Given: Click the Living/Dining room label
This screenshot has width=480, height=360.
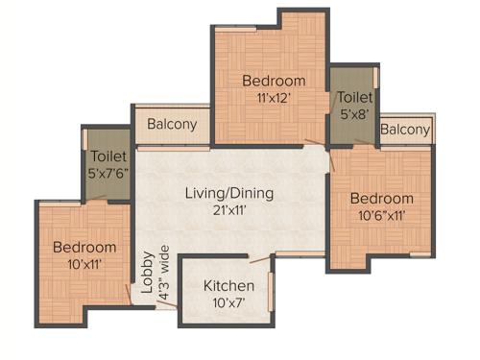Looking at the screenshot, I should (x=229, y=193).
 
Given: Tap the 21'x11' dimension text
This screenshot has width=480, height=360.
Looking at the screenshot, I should (x=229, y=209).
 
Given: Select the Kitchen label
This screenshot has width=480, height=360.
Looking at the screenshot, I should (x=229, y=286).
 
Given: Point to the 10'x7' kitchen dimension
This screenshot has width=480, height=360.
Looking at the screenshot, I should (x=229, y=302).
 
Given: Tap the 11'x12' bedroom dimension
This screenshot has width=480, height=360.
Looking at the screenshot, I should (x=274, y=97).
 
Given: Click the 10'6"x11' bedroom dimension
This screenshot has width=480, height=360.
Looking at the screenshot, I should (x=381, y=216).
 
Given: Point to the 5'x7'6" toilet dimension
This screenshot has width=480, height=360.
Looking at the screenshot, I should (x=108, y=173).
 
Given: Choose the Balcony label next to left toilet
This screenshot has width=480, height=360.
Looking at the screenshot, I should (x=173, y=124).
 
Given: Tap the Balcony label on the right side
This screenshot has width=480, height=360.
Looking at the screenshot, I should (x=405, y=130).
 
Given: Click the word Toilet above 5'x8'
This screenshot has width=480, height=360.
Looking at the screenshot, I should (x=355, y=97).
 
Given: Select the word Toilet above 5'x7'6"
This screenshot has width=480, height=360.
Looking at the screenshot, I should (x=108, y=156).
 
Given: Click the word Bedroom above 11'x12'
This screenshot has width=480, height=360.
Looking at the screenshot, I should (x=274, y=81).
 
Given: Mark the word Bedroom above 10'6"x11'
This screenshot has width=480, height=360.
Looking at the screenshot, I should (x=381, y=199).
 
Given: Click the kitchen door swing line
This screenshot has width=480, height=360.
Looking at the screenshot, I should (x=261, y=256).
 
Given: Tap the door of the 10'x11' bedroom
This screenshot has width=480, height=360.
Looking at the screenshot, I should (x=131, y=293).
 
